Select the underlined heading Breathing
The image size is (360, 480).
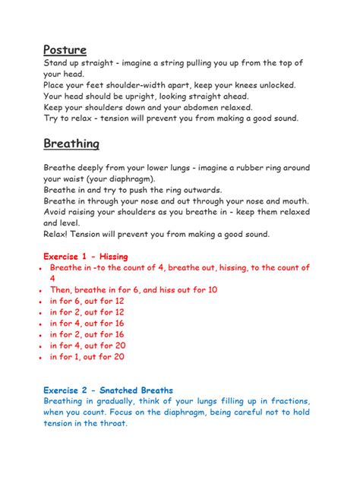click(x=71, y=144)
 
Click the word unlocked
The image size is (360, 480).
click(x=274, y=85)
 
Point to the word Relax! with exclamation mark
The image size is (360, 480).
click(x=59, y=234)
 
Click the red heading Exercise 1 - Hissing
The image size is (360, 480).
click(x=85, y=257)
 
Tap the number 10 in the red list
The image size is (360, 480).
click(x=212, y=290)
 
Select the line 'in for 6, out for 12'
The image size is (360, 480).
click(x=87, y=302)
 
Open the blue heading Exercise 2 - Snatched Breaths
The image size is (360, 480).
click(x=108, y=390)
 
